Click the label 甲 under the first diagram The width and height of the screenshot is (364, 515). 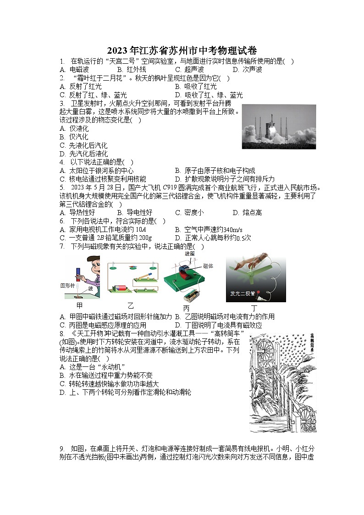79,305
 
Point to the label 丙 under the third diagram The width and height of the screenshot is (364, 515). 186,308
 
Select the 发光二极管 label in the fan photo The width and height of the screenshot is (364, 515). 244,293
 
